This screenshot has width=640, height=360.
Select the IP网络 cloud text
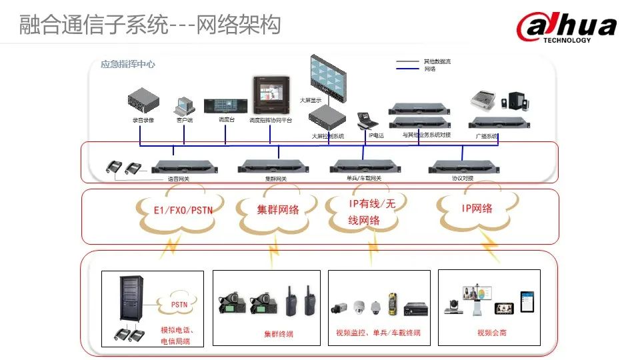(x=477, y=209)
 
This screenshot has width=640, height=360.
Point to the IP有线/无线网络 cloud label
(x=371, y=211)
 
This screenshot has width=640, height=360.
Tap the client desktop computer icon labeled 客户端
(x=184, y=106)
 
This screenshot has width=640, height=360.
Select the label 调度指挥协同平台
(x=271, y=120)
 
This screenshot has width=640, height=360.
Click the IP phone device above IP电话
(x=367, y=120)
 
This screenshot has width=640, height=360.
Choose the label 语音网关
(x=179, y=179)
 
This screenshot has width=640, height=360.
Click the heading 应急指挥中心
(x=128, y=65)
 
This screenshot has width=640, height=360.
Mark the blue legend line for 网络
(x=408, y=69)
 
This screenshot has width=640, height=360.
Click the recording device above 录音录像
(x=144, y=104)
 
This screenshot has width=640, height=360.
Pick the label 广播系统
(x=487, y=135)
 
